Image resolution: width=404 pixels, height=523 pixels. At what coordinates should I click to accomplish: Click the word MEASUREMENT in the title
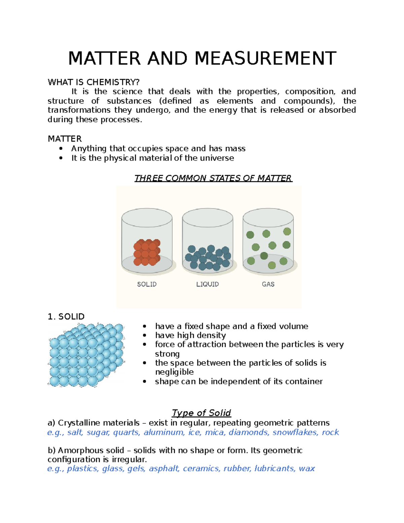[265, 58]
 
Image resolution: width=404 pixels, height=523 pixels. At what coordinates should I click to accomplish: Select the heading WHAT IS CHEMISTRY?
[93, 82]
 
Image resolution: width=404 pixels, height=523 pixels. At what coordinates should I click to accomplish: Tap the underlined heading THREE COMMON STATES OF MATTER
[213, 178]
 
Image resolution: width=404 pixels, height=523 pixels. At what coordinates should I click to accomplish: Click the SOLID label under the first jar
[147, 284]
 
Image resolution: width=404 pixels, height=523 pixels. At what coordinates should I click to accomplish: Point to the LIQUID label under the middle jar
[207, 284]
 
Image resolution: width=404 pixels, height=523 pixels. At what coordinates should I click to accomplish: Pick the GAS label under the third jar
[268, 284]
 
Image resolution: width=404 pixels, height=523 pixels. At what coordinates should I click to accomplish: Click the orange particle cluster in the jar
[147, 253]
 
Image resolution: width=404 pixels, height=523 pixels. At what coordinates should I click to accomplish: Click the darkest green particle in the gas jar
[264, 256]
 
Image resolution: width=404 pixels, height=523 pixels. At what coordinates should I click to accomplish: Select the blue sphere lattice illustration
[86, 355]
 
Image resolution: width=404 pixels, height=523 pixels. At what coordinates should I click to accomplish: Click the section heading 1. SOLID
[66, 317]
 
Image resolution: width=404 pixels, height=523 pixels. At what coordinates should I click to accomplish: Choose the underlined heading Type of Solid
[201, 413]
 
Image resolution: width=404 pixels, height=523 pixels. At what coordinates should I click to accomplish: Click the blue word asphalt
[164, 469]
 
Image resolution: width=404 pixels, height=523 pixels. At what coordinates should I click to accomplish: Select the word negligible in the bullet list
[174, 372]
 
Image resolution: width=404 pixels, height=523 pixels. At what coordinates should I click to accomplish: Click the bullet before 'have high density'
[144, 335]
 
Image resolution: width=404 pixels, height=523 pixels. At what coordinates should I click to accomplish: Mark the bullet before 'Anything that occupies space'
[61, 149]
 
